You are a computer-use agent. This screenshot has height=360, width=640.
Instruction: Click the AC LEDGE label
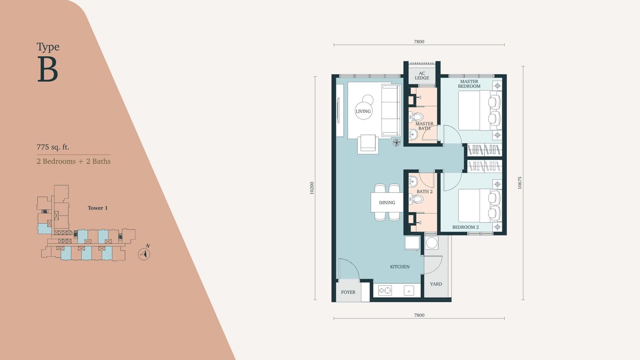point(422,76)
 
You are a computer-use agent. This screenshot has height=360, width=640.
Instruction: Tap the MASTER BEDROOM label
point(469,84)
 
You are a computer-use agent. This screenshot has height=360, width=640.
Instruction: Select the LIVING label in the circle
point(363,111)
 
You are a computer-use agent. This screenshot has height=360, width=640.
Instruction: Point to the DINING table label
point(387,203)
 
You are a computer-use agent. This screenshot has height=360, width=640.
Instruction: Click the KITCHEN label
point(400,267)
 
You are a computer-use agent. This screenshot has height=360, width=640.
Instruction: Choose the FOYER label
point(348,292)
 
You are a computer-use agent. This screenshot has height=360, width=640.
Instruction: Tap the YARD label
point(436,284)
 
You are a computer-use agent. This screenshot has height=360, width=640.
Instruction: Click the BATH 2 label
point(425,192)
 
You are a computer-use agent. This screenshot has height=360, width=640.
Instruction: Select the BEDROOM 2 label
point(465,227)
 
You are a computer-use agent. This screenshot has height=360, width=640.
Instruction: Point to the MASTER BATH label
point(424,126)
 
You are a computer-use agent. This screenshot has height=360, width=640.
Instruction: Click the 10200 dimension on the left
point(312,188)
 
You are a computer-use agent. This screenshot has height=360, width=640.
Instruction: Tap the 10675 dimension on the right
point(520,183)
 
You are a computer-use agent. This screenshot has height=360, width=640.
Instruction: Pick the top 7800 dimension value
point(419,42)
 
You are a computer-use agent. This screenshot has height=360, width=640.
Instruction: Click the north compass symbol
point(144,254)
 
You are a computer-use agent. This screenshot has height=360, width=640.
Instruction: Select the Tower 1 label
point(98,208)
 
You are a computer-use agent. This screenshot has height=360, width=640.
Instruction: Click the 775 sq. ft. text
point(53,147)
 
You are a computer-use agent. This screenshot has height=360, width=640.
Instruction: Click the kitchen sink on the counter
point(409,291)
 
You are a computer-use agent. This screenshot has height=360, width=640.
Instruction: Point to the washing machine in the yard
point(431,243)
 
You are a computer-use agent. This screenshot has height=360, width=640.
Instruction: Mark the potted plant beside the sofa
point(396,142)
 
